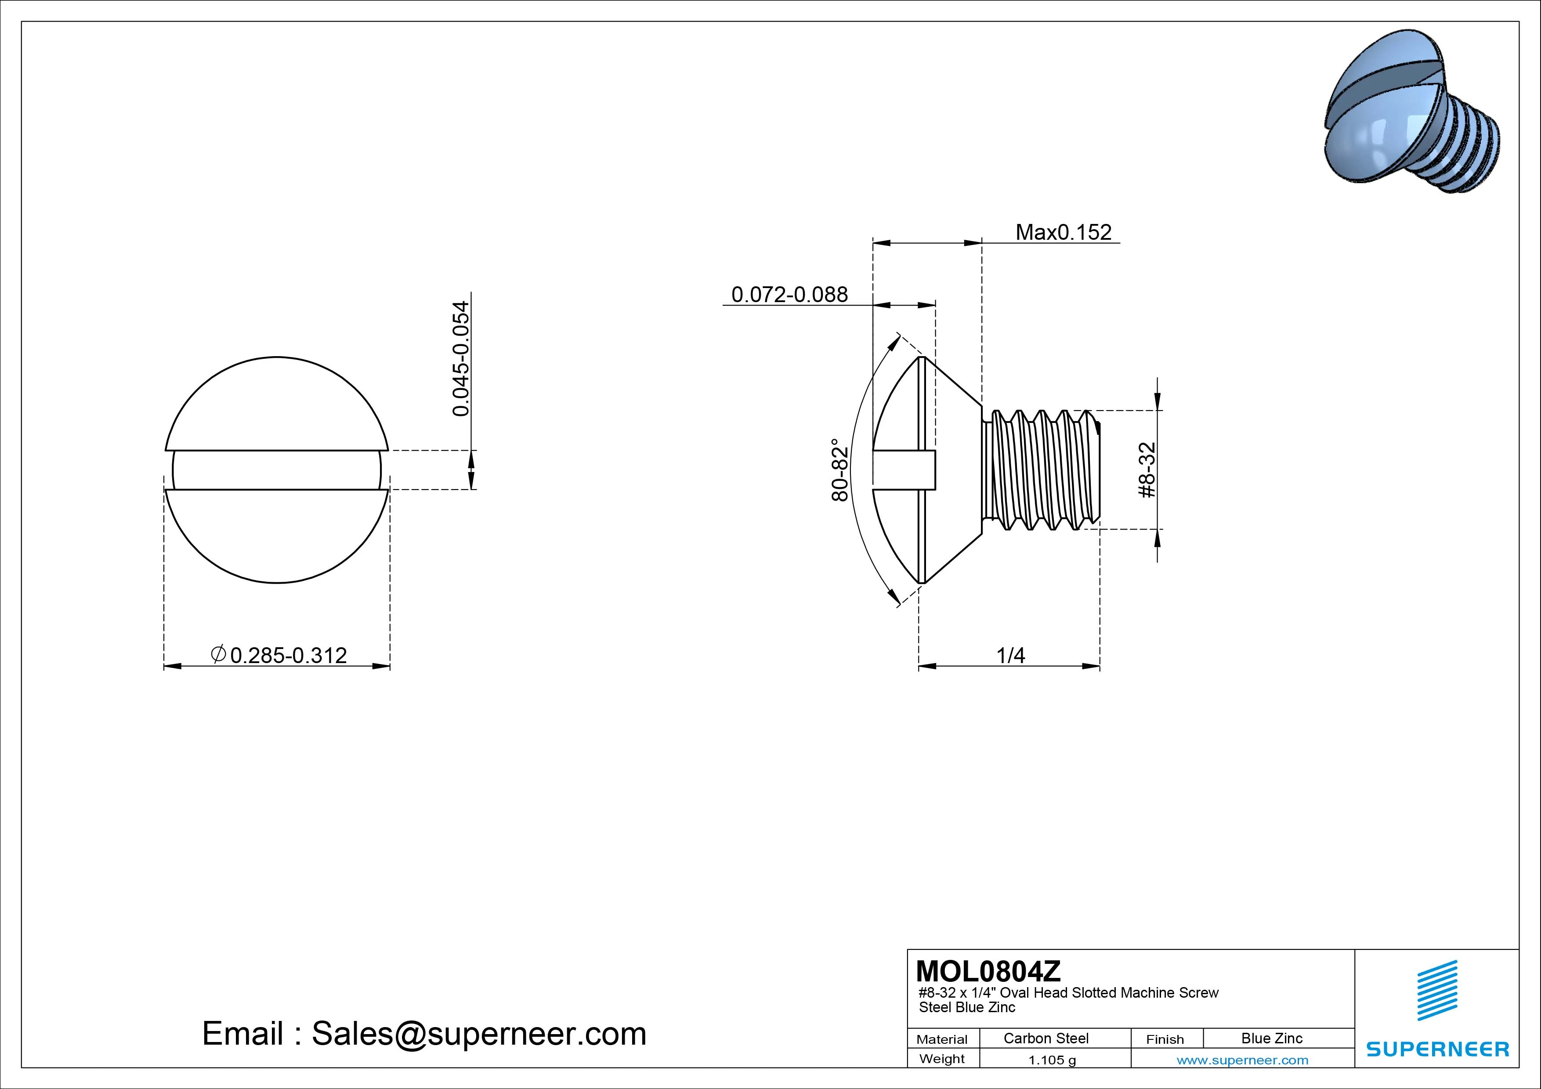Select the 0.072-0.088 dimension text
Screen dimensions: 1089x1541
[789, 295]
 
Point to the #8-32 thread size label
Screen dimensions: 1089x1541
[1148, 470]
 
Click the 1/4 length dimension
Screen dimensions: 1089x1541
[1010, 656]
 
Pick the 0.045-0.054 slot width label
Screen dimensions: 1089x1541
[461, 358]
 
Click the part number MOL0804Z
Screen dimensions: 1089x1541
[988, 971]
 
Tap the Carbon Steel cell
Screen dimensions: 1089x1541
[1045, 1038]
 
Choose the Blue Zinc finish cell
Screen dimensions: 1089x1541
[1271, 1038]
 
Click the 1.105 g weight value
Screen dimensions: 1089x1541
[1052, 1060]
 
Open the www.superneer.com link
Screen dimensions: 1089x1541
[1242, 1060]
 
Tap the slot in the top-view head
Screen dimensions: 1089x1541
[276, 470]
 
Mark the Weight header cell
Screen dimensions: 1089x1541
[942, 1059]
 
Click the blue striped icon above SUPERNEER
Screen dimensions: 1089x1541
[1437, 990]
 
